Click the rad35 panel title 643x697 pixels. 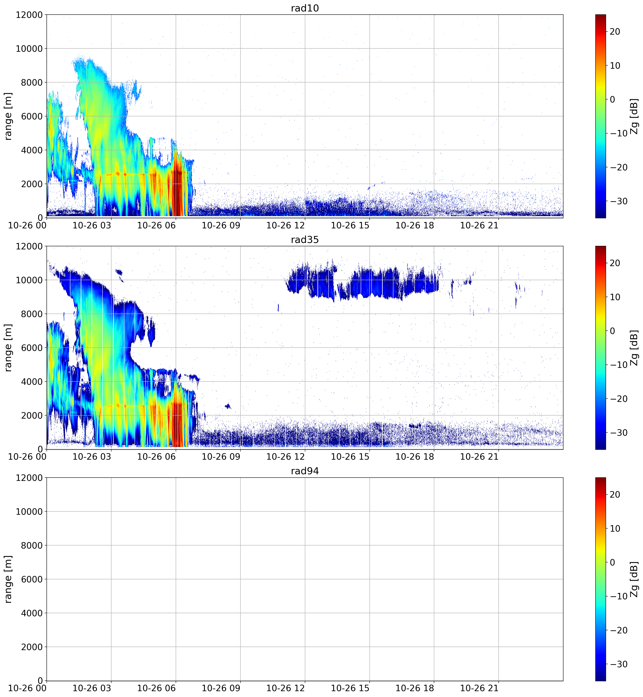click(305, 239)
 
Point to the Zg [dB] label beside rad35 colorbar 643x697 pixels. click(634, 348)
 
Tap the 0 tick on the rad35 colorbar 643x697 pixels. click(612, 331)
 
